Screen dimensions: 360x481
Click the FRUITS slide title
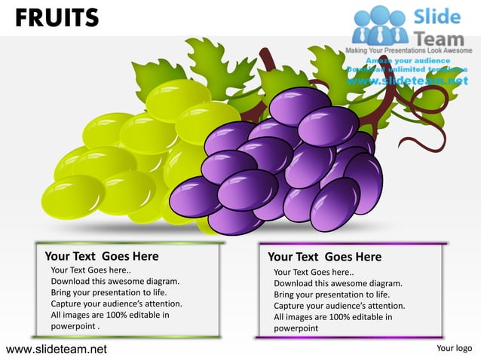pos(56,17)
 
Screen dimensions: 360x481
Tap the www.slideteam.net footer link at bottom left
pos(57,349)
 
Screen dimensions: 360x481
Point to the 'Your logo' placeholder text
pos(454,348)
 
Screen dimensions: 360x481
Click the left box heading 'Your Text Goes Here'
pos(102,256)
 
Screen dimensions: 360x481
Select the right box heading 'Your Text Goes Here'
pos(324,257)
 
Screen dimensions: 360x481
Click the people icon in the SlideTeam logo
pos(380,24)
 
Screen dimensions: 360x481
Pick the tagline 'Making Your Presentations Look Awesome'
pos(408,50)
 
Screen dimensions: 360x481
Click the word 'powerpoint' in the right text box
pos(296,328)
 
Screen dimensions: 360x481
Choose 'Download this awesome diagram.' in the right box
pos(338,283)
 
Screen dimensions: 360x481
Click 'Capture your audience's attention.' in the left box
pos(116,304)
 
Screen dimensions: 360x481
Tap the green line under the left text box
pos(128,336)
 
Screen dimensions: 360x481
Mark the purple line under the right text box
pos(351,337)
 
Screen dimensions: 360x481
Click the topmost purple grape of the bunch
pos(299,104)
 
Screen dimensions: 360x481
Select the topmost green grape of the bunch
pos(177,98)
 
